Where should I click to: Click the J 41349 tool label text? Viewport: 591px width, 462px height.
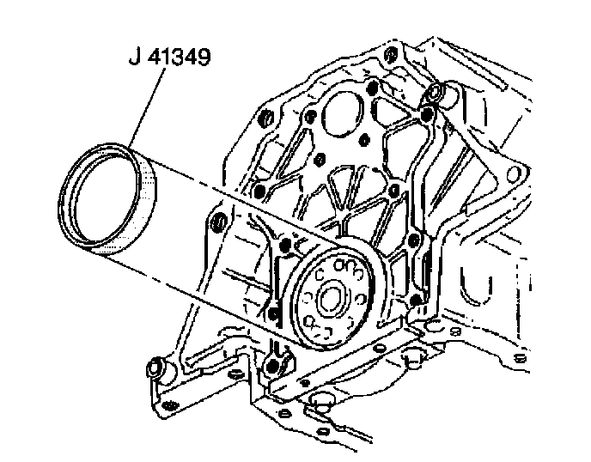coord(169,58)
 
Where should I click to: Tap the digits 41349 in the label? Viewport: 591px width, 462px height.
coord(179,58)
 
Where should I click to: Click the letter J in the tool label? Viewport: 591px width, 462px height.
coord(134,58)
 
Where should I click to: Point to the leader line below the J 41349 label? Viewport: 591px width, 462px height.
coord(147,108)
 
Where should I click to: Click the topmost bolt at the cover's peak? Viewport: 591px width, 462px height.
coord(391,55)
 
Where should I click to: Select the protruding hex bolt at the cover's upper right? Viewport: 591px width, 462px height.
coord(435,92)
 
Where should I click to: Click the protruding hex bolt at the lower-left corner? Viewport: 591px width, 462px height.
coord(155,368)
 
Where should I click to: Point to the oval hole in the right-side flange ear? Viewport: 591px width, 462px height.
coord(513,174)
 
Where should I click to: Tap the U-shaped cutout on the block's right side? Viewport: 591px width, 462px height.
coord(476,287)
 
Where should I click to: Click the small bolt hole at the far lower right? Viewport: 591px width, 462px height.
coord(520,357)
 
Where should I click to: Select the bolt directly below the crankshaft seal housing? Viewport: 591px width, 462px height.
coord(272,366)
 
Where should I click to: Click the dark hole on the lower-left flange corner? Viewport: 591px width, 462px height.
coord(170,406)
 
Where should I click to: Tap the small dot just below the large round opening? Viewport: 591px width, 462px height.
coord(363,140)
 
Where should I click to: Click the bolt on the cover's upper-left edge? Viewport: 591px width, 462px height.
coord(267,119)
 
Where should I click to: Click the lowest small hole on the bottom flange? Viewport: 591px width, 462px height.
coord(323,430)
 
